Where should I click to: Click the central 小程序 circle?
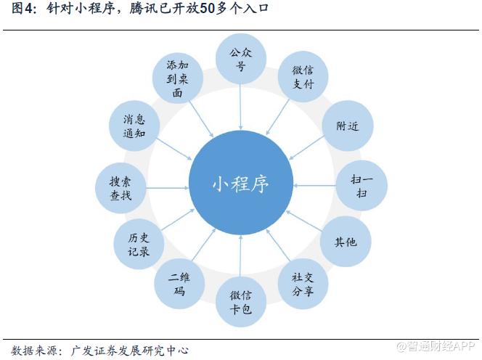click(x=241, y=184)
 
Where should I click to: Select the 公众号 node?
click(x=241, y=60)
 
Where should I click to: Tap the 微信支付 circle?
click(x=303, y=78)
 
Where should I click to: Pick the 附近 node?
click(x=348, y=126)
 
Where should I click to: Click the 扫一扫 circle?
click(x=361, y=186)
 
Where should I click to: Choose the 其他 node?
click(x=346, y=241)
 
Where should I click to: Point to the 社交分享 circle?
click(x=303, y=283)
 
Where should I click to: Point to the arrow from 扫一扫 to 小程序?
click(x=314, y=185)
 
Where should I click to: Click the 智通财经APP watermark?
click(x=435, y=346)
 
